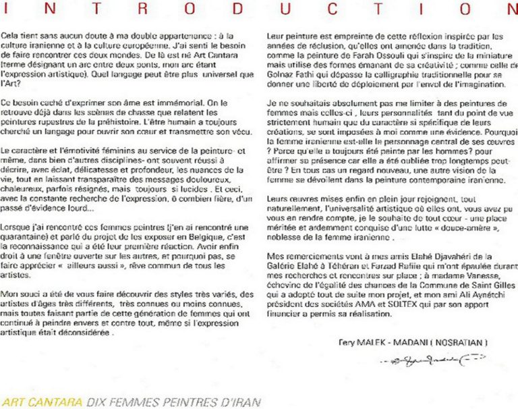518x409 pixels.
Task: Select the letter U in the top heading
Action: [x=286, y=9]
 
